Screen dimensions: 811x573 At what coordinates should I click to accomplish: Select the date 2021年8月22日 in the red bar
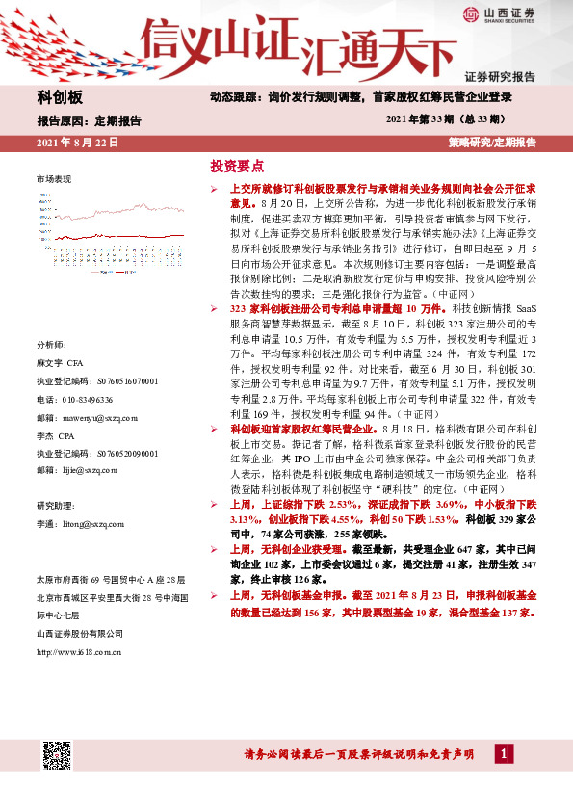(77, 143)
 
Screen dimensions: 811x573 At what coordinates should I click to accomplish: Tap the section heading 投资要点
(237, 167)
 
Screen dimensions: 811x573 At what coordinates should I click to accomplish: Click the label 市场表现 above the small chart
(54, 180)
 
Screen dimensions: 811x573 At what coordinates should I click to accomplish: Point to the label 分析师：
(53, 344)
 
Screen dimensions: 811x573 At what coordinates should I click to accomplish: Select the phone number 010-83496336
(74, 399)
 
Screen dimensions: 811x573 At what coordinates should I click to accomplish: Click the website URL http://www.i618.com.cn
(79, 651)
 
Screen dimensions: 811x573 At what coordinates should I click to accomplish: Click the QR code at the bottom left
(55, 755)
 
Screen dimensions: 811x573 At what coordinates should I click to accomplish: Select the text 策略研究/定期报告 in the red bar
(491, 143)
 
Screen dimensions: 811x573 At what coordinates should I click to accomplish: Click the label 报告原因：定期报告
(89, 120)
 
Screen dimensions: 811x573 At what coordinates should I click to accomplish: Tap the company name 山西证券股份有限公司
(79, 633)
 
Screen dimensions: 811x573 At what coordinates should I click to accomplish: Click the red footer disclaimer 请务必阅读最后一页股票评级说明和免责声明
(355, 754)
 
